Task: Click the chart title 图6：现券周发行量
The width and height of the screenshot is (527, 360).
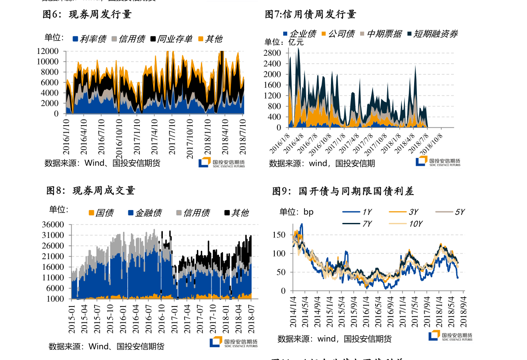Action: click(87, 15)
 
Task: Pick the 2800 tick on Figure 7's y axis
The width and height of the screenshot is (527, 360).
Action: click(272, 53)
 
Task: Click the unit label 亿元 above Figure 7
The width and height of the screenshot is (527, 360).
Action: click(296, 42)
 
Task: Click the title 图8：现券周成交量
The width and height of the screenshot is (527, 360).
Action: click(91, 191)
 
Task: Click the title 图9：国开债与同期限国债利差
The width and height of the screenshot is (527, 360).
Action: click(342, 191)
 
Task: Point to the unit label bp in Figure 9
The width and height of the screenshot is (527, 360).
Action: click(308, 212)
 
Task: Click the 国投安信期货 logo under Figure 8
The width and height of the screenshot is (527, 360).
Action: click(233, 342)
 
